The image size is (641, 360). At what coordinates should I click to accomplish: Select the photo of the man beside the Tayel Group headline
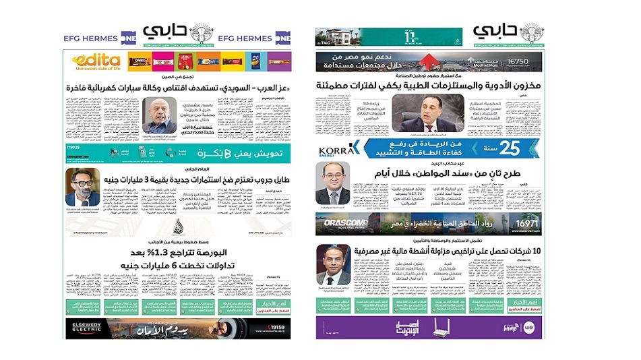[82, 187]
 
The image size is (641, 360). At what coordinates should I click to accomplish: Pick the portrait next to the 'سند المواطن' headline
[334, 186]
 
